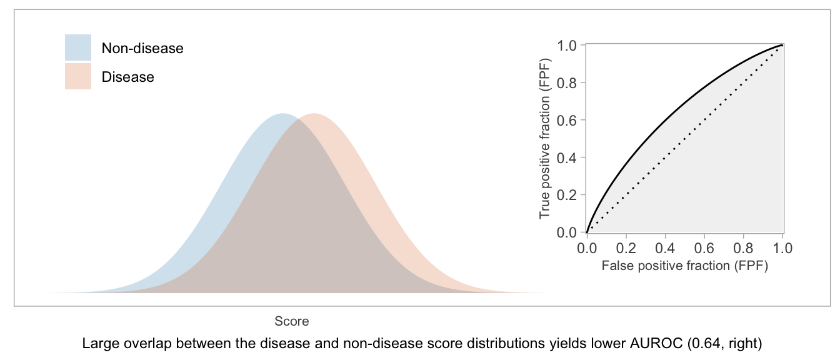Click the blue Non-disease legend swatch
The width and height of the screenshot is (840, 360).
[78, 47]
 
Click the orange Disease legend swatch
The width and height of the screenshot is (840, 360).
[78, 76]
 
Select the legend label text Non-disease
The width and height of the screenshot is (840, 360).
[142, 48]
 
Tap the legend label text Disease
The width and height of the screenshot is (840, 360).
[128, 77]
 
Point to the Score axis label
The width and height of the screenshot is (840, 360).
[292, 321]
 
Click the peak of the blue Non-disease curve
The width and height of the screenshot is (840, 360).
[282, 113]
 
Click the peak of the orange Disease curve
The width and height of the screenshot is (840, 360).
[314, 113]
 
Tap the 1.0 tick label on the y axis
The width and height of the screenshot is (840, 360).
[567, 46]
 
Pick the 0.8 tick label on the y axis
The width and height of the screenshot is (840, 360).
[567, 83]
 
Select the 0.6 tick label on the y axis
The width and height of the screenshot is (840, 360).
[567, 121]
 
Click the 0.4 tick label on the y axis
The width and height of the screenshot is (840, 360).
[567, 158]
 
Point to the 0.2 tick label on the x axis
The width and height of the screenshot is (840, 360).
[626, 248]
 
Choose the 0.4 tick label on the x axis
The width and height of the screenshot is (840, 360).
[665, 248]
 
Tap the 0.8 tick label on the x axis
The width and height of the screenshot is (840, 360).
[743, 248]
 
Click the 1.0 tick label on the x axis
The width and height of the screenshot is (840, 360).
[782, 248]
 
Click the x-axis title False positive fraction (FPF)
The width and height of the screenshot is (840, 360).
[685, 266]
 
